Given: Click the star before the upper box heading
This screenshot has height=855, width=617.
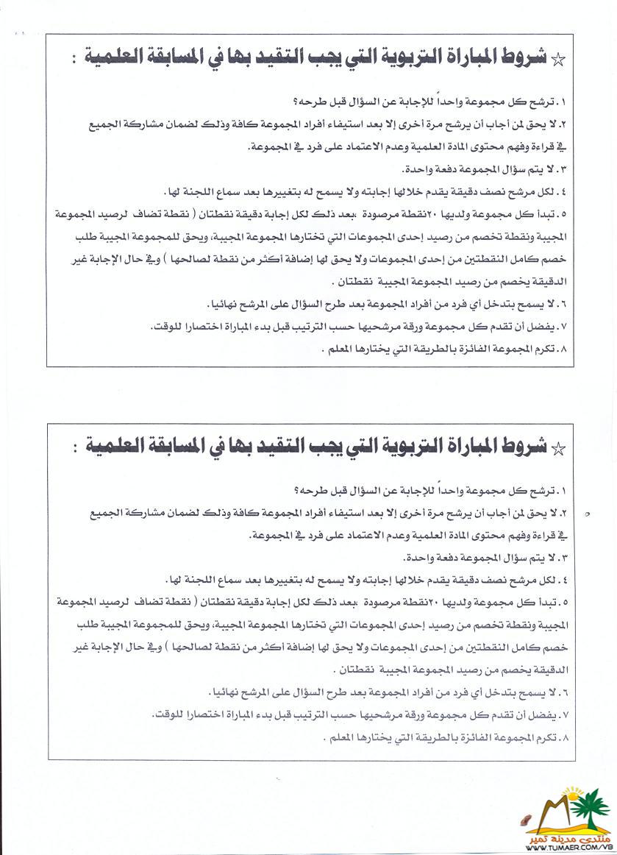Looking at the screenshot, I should coord(558,61).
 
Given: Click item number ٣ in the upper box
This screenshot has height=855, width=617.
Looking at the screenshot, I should coord(566,170).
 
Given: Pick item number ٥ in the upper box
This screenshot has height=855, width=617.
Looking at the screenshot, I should coord(566,216).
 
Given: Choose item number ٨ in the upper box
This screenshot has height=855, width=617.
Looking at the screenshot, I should coord(566,350).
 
